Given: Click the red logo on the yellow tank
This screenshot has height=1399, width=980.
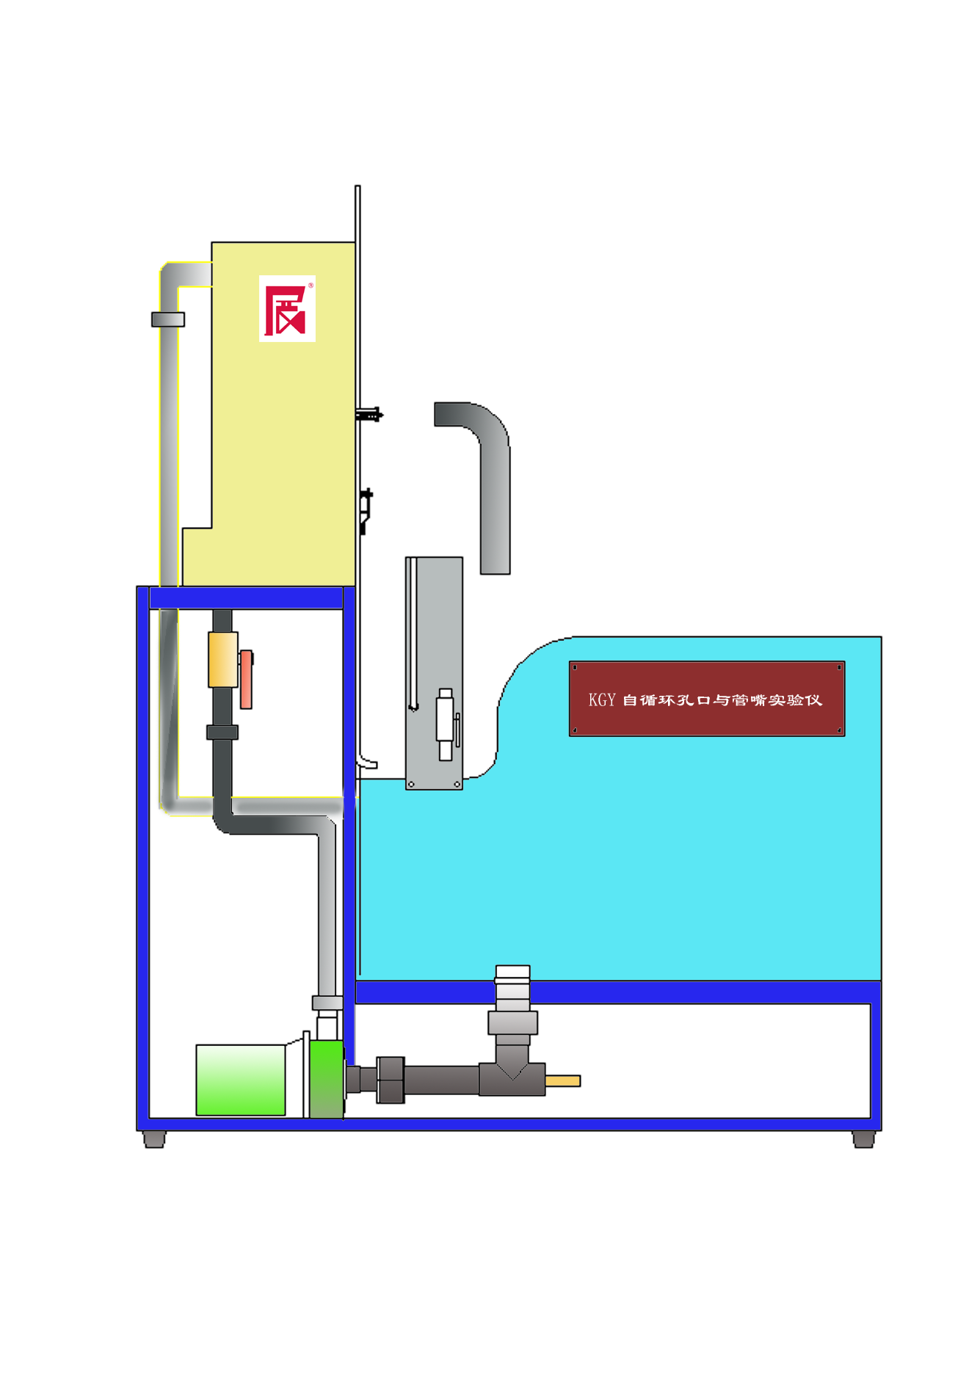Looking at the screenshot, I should point(287,309).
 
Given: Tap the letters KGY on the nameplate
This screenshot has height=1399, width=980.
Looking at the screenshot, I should point(601,699).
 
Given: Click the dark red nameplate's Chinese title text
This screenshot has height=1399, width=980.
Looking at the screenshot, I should point(722,699).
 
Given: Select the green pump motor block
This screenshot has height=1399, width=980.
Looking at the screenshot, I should point(241,1080).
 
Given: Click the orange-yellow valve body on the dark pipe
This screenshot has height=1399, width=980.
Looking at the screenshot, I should point(222,659).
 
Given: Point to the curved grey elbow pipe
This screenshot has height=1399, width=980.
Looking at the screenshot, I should point(484,470).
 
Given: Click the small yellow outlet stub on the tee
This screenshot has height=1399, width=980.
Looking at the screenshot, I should point(563,1080).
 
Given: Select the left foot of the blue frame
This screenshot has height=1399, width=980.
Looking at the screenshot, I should point(154,1139).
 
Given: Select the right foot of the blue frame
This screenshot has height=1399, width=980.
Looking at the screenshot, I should point(863,1139).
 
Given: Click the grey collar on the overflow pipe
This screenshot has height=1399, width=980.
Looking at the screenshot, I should point(168,319).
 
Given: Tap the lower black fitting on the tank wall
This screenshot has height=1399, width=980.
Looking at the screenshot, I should point(366,506).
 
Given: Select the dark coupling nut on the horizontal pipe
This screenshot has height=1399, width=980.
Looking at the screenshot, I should point(391,1080).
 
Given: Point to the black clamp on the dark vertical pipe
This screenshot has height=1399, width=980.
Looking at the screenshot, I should point(222,732).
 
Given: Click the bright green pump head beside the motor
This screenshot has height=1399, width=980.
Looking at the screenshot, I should point(327,1079).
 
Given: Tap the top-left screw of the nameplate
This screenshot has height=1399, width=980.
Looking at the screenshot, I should point(575,667).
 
